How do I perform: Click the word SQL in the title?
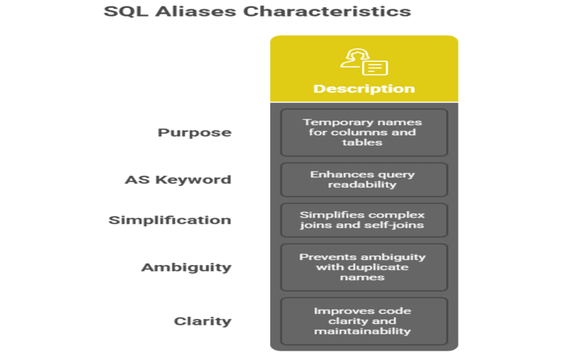[x=125, y=12]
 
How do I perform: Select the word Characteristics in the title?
[x=327, y=12]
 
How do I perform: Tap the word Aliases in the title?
[x=195, y=12]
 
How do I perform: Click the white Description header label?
[x=364, y=89]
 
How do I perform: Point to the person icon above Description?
[x=364, y=62]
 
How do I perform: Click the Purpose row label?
[x=194, y=132]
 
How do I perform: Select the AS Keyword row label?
[x=178, y=179]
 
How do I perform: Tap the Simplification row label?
[x=170, y=220]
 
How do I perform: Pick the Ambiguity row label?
[x=186, y=267]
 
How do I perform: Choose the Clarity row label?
[x=203, y=321]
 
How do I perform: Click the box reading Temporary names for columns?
[x=364, y=132]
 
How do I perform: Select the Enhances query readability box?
[x=364, y=179]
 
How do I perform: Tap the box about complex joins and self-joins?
[x=364, y=220]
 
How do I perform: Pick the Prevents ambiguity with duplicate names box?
[x=364, y=267]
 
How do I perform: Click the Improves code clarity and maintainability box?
[x=364, y=321]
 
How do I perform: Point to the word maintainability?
[x=363, y=331]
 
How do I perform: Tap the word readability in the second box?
[x=362, y=184]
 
